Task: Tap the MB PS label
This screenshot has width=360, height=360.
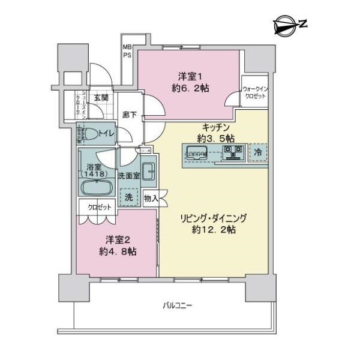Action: click(x=127, y=50)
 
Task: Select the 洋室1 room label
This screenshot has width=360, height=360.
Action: click(x=190, y=76)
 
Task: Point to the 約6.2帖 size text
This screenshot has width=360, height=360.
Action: click(x=190, y=88)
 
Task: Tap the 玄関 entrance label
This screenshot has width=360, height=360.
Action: click(x=101, y=98)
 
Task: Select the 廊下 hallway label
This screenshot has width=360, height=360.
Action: click(x=129, y=115)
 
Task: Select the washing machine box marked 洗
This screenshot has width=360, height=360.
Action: click(x=128, y=196)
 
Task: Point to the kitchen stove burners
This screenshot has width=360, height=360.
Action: click(x=232, y=154)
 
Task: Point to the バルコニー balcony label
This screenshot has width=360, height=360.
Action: click(x=178, y=305)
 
